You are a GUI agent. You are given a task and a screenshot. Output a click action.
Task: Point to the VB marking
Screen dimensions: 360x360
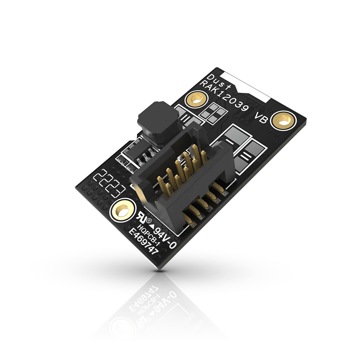tap(261, 118)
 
